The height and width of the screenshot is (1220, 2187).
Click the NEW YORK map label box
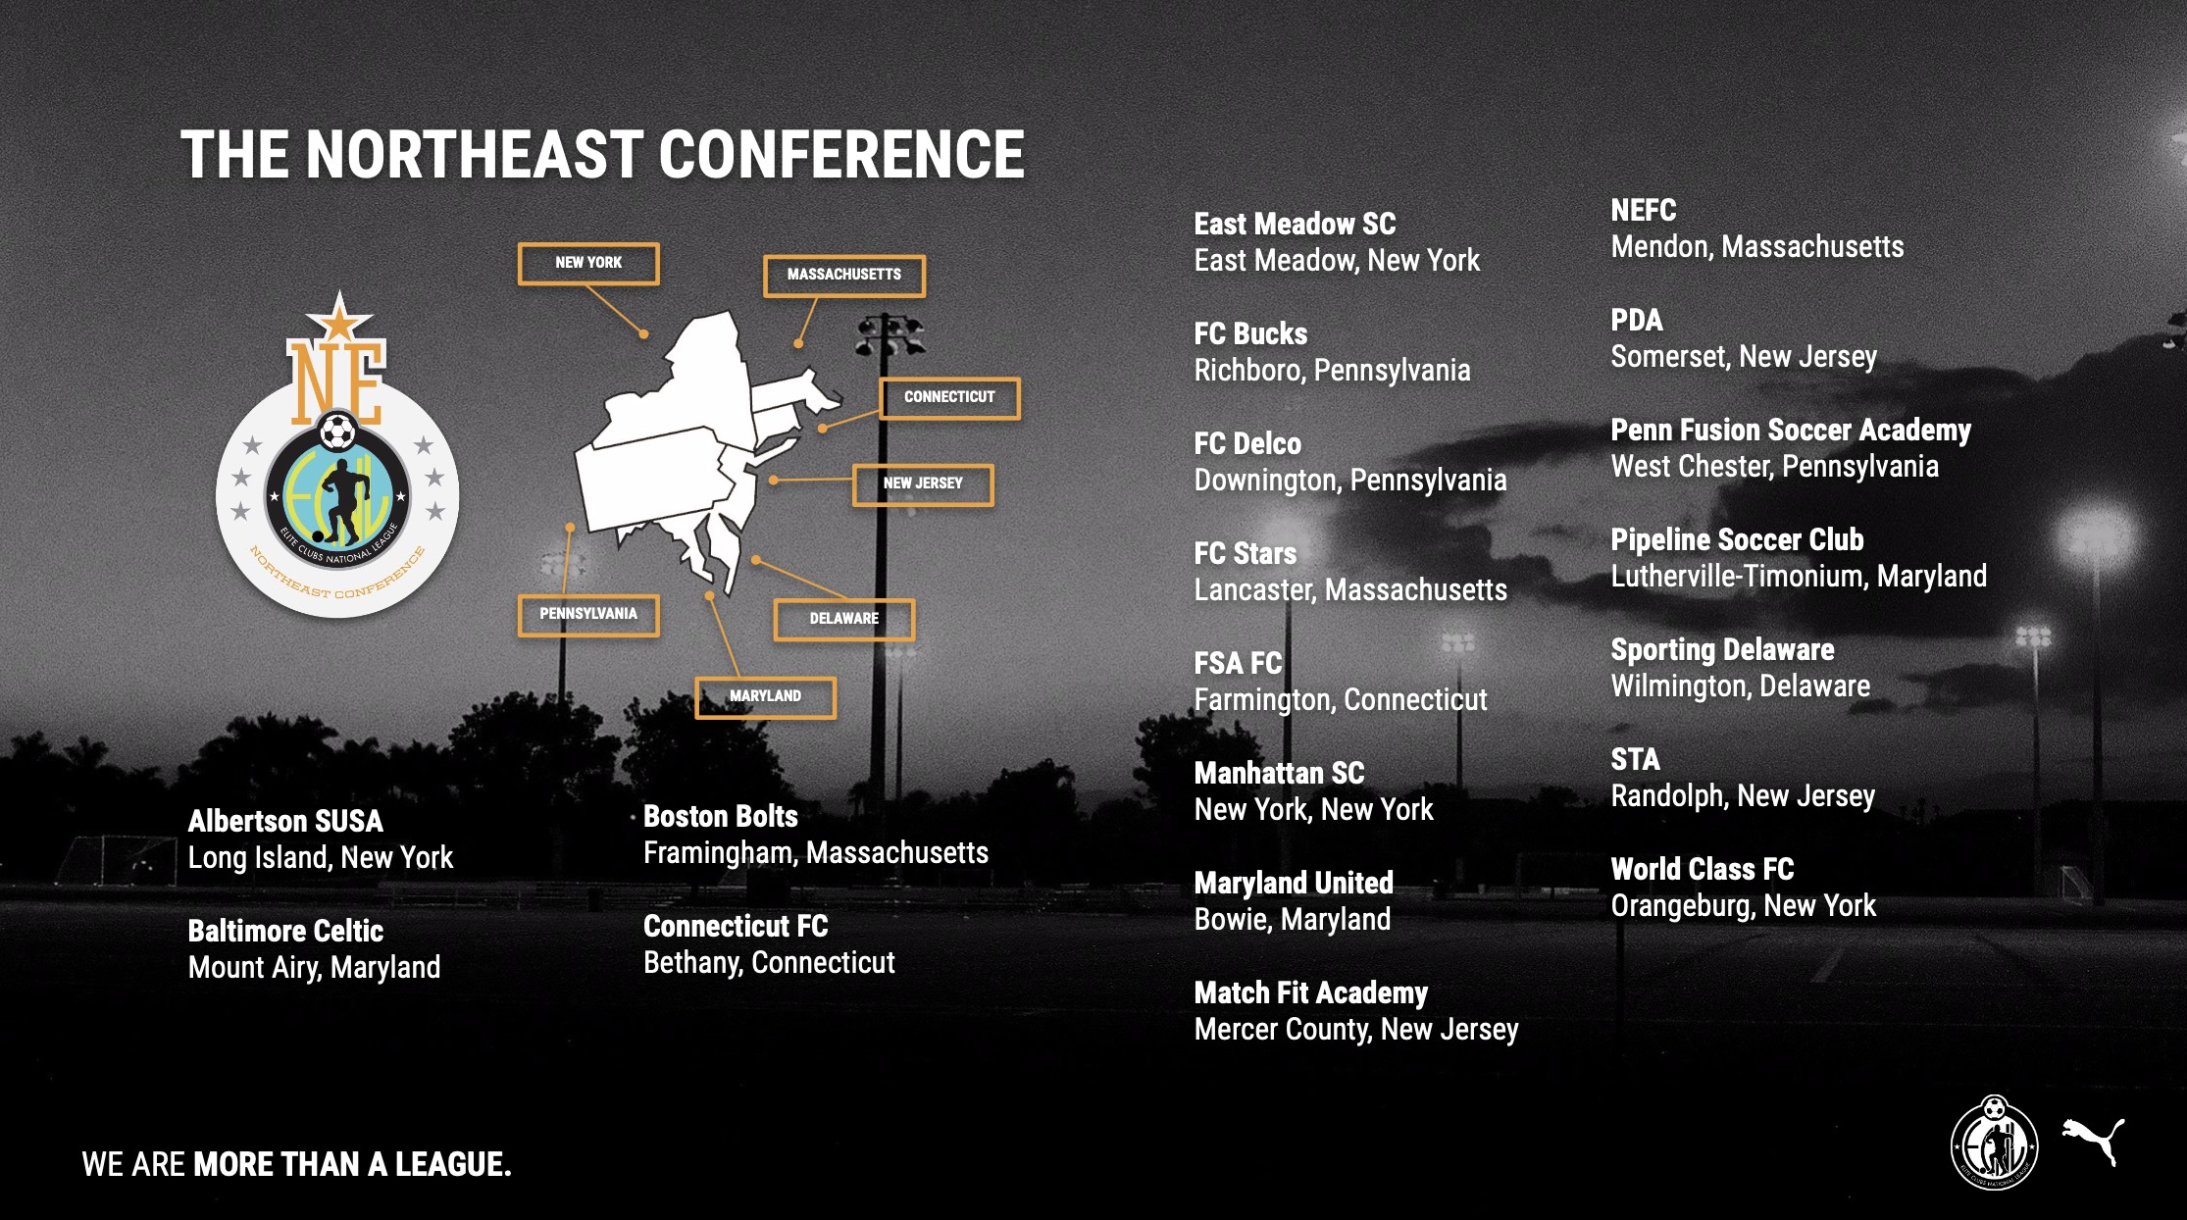click(588, 263)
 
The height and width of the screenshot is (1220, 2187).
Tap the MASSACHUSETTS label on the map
click(844, 275)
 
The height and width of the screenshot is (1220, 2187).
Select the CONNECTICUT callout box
click(949, 397)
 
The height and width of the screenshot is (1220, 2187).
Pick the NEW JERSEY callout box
click(923, 483)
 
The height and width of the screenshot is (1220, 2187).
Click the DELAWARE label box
click(844, 619)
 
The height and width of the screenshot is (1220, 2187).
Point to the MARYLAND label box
click(766, 696)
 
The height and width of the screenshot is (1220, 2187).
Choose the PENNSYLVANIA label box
click(588, 614)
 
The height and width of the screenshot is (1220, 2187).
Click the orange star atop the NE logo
click(339, 318)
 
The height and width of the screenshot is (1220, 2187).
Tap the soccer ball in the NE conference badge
click(338, 432)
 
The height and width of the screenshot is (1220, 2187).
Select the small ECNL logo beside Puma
click(1994, 1143)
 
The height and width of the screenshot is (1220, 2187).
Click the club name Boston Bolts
click(721, 816)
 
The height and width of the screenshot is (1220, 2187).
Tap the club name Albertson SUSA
click(285, 821)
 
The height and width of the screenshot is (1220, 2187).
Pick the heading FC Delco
click(1247, 443)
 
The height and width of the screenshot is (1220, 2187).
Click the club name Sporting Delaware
click(1722, 649)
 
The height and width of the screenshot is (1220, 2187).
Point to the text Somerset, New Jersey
click(1744, 357)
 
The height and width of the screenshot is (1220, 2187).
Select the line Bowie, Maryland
click(1293, 920)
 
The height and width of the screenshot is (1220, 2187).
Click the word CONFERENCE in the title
click(841, 155)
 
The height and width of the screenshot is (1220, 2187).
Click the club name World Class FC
click(1703, 869)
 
